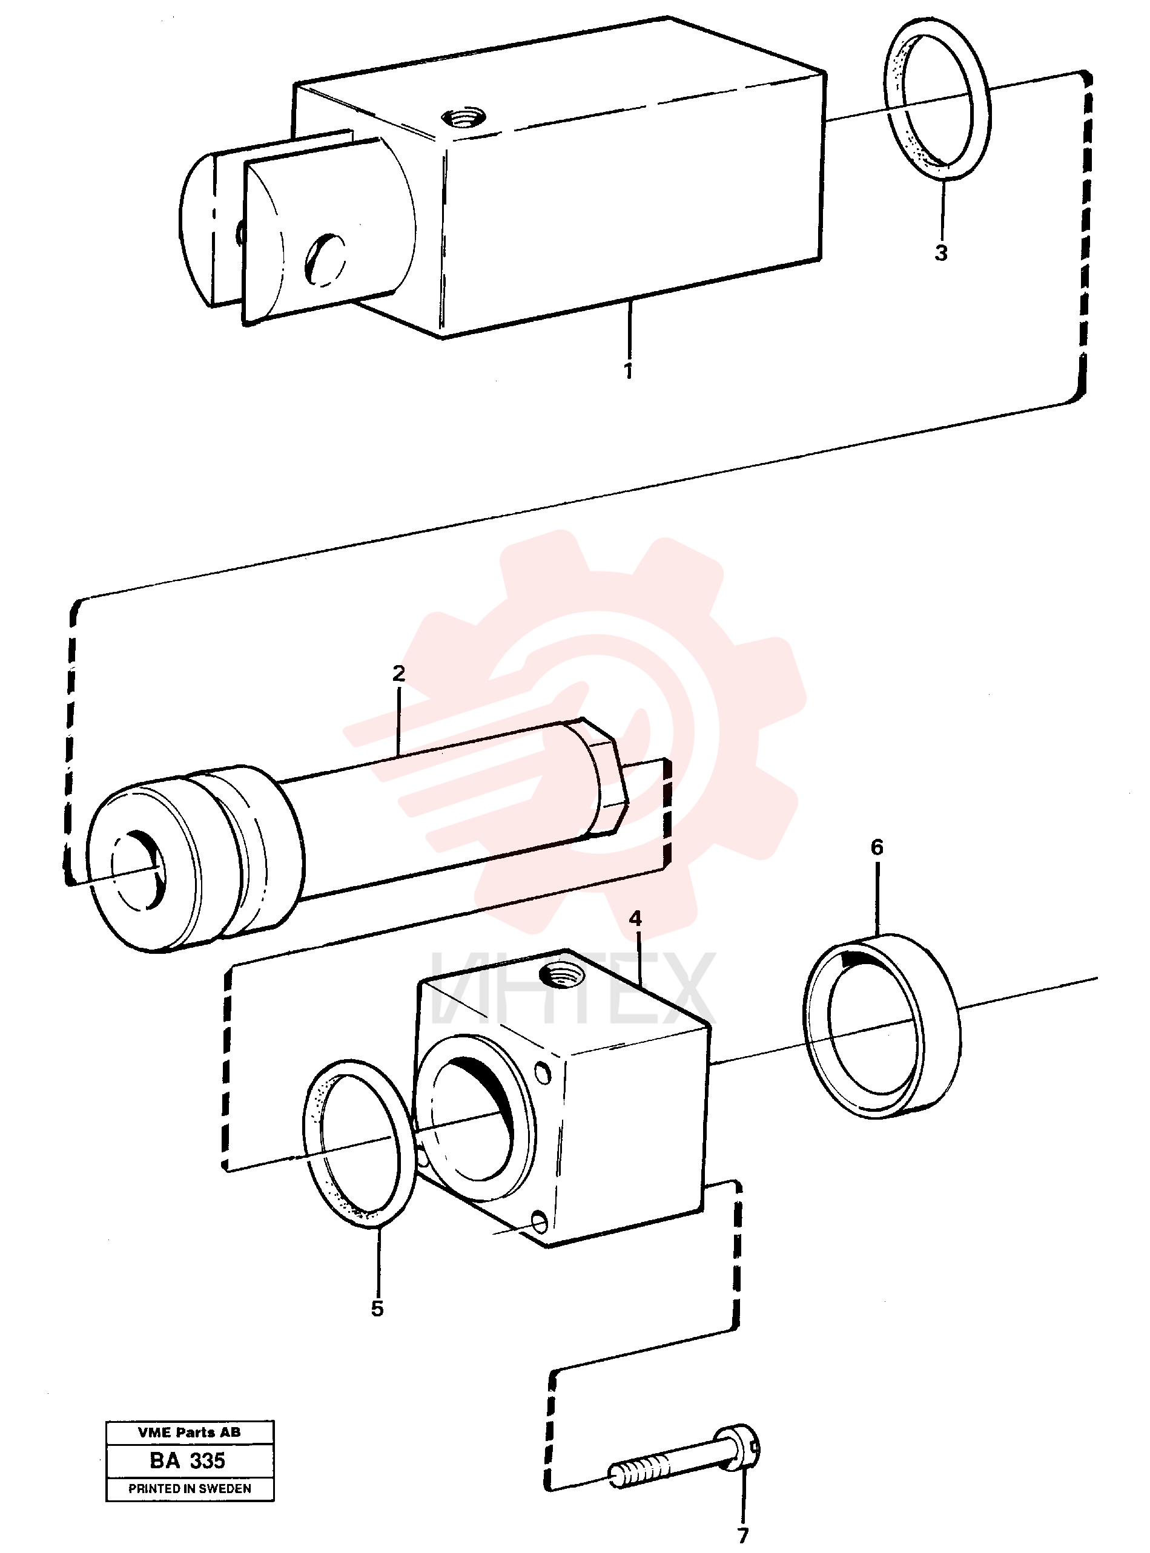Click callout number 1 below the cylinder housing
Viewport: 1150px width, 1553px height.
[x=629, y=370]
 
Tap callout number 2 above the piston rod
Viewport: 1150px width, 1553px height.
[x=398, y=674]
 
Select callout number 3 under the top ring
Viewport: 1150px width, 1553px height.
[x=941, y=252]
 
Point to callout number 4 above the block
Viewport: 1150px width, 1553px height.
[x=635, y=919]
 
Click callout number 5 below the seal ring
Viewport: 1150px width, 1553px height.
[x=377, y=1308]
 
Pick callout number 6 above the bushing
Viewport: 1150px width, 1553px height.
[x=877, y=847]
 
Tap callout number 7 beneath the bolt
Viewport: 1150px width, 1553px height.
[x=743, y=1535]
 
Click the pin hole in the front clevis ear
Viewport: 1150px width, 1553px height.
[x=325, y=258]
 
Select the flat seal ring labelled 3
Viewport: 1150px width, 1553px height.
[x=937, y=98]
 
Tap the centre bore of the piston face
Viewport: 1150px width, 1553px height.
[x=140, y=870]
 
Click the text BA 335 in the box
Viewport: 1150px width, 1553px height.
[x=188, y=1460]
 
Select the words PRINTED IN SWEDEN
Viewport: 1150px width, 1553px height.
[x=190, y=1488]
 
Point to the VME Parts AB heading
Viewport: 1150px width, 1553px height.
[x=190, y=1432]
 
